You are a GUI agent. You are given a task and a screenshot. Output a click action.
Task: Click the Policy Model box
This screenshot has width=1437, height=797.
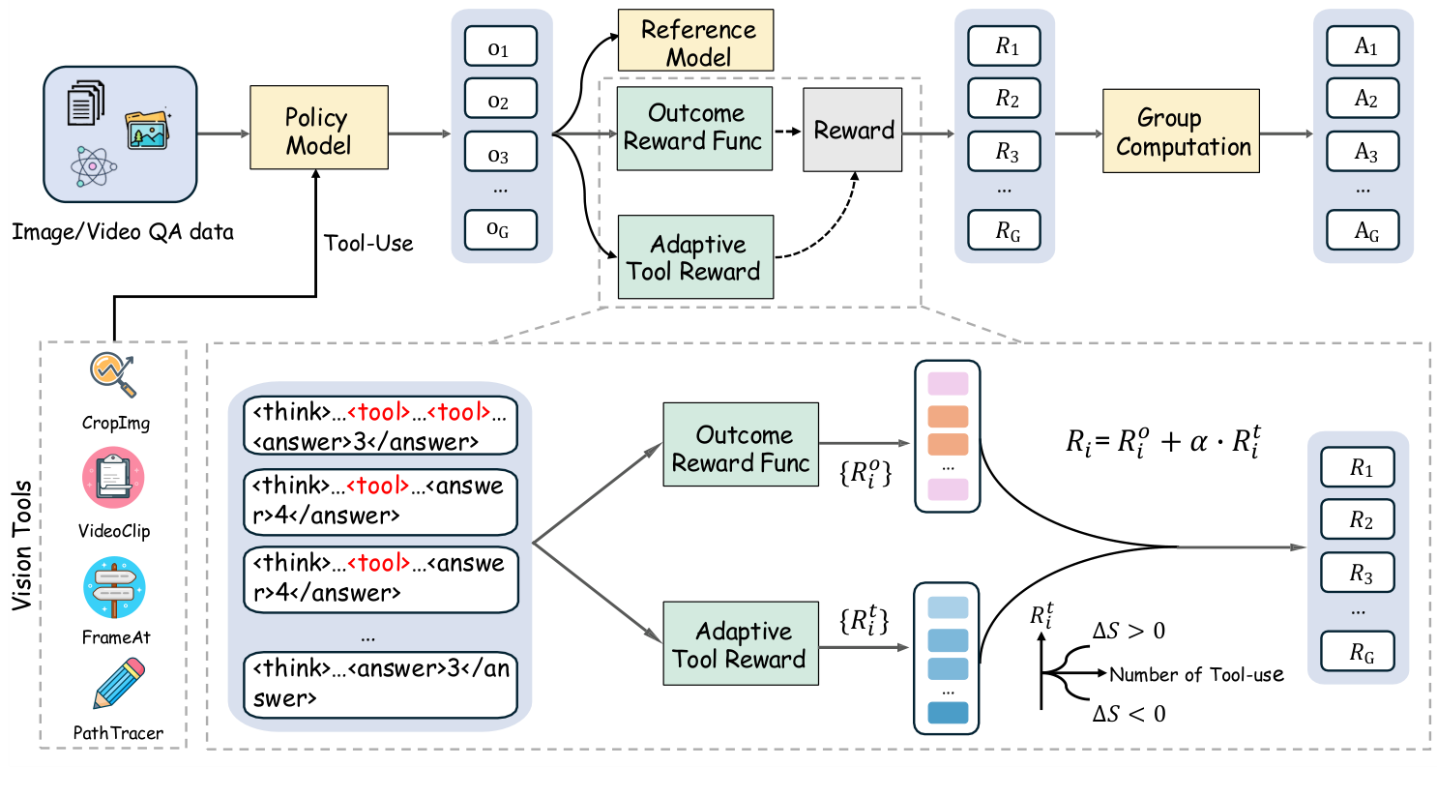tap(318, 128)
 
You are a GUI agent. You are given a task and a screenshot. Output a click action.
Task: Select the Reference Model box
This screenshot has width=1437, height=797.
tap(695, 42)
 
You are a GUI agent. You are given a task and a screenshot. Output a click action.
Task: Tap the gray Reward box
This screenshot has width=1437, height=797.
tap(852, 131)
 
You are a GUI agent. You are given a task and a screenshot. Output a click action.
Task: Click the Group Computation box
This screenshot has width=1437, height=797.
tap(1180, 132)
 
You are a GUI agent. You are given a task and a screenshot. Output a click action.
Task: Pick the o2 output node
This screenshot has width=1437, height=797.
tap(500, 100)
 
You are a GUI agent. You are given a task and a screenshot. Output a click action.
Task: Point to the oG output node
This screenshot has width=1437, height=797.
tap(500, 230)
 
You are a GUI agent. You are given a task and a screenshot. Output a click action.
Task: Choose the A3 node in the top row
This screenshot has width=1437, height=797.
tap(1364, 152)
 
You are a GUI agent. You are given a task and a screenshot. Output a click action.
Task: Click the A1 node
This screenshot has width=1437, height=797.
tap(1364, 46)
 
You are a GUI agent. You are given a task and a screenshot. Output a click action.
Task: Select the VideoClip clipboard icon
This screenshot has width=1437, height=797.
tap(113, 478)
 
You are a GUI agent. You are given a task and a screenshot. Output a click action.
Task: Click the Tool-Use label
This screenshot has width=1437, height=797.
tap(368, 244)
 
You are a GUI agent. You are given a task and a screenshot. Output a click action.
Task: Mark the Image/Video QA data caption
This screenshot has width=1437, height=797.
tap(123, 232)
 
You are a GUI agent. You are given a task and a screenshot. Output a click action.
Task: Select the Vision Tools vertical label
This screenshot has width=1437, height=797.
tap(22, 545)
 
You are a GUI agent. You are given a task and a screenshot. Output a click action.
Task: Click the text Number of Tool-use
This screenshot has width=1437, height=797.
tap(1196, 675)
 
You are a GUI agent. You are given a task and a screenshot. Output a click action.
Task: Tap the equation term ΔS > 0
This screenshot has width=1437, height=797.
tap(1129, 632)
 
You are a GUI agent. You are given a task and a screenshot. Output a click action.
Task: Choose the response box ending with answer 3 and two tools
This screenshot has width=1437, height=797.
tap(380, 427)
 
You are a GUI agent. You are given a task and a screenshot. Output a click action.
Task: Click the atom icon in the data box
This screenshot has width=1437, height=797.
tap(93, 166)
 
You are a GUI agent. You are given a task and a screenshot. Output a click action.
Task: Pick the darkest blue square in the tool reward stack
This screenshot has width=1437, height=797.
tap(947, 713)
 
